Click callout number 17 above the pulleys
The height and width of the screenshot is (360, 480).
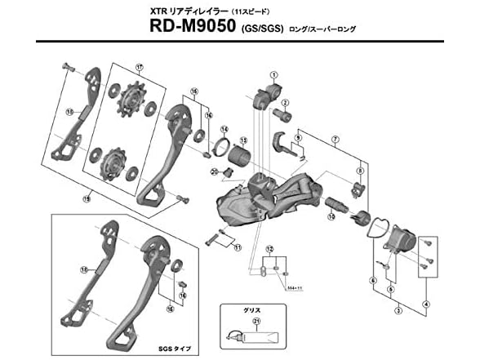(x=140, y=67)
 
